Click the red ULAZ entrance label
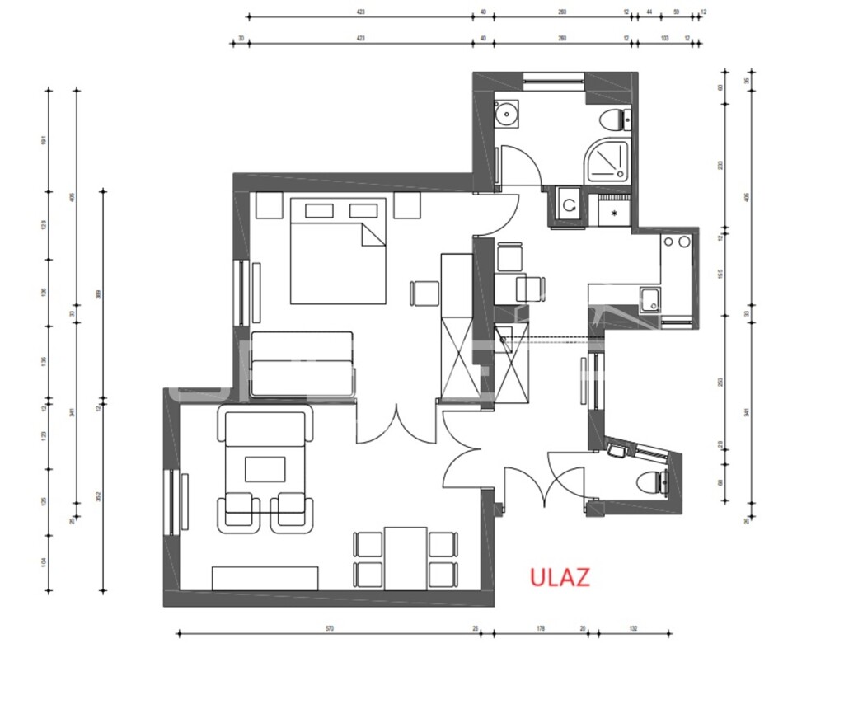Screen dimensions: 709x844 tap(560, 577)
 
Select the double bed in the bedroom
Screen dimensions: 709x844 tap(337, 251)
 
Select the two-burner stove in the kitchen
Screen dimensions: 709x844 tap(677, 242)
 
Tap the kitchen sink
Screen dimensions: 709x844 tap(649, 300)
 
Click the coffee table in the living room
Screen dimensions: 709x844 tap(265, 469)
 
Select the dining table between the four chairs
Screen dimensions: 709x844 tap(406, 558)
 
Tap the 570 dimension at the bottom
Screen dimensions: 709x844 tap(329, 628)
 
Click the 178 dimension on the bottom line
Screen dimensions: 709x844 tap(541, 628)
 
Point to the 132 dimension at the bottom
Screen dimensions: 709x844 tap(633, 628)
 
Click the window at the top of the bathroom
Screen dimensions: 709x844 tap(554, 80)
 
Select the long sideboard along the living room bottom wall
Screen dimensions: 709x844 tap(265, 578)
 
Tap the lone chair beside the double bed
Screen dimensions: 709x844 tap(425, 293)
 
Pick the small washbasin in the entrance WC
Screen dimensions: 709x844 tap(616, 450)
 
